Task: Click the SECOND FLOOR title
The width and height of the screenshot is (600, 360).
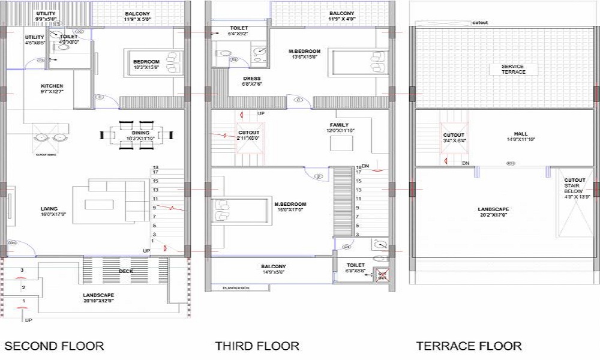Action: (54, 346)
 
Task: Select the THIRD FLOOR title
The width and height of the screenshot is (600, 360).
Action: (257, 346)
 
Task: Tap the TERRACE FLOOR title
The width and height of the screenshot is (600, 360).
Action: (469, 346)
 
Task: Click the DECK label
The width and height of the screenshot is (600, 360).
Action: (126, 271)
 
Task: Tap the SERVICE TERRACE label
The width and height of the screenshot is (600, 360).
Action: (513, 69)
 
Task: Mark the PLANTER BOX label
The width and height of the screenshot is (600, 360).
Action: (236, 288)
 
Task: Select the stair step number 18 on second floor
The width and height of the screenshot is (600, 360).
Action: (155, 168)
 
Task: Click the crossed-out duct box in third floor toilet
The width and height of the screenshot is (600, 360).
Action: (382, 275)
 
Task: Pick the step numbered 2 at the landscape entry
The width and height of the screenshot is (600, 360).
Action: (23, 288)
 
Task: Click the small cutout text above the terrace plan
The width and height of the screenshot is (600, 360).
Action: (480, 23)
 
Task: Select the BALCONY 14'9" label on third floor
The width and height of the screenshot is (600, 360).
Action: (273, 269)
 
